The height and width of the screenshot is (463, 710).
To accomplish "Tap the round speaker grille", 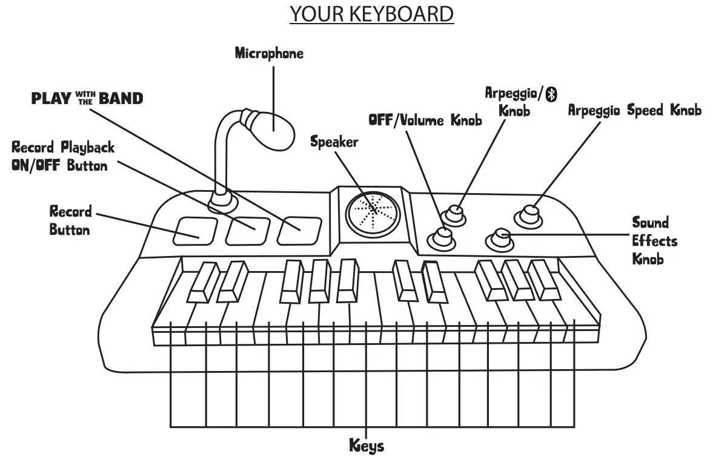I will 373,209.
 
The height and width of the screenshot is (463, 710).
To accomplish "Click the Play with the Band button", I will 299,231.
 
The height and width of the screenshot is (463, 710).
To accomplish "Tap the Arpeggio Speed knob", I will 529,214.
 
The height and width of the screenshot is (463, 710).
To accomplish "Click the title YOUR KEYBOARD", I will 372,13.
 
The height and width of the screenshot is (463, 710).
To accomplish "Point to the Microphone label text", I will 269,53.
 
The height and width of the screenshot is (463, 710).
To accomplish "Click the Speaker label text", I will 334,143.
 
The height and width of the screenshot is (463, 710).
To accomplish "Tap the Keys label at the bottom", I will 367,447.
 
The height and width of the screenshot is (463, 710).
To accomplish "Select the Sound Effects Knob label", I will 654,241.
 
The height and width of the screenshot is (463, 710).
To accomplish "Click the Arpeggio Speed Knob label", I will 634,111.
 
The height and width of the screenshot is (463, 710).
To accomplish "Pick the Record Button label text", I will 70,220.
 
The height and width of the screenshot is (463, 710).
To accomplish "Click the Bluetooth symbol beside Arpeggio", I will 551,94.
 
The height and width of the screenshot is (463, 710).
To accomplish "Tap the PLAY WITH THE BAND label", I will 87,98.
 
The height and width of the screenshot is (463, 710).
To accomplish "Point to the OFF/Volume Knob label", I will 425,120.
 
